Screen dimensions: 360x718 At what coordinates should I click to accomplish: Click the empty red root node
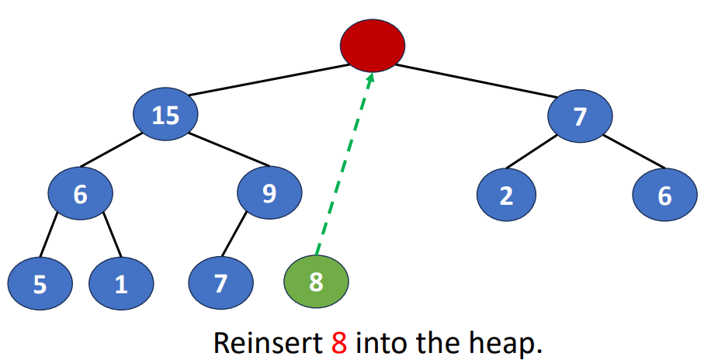point(373,45)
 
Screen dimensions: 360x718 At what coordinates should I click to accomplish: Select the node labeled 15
point(165,116)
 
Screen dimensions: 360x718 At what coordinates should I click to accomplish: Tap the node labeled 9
point(269,193)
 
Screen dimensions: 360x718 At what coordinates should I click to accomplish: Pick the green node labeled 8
point(316,282)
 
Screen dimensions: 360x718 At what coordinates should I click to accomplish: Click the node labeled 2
point(506,196)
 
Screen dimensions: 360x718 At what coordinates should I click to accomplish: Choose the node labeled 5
point(40,284)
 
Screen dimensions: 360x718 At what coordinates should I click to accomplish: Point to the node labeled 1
point(121,284)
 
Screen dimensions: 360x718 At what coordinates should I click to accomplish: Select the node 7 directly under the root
point(580,116)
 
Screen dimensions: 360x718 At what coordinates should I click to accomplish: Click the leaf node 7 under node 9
point(221,283)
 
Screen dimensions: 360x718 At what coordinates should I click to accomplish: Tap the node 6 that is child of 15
point(81,193)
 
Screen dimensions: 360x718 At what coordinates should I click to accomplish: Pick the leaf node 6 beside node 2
point(664,196)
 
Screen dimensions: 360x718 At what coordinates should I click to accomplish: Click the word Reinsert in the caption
point(264,342)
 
